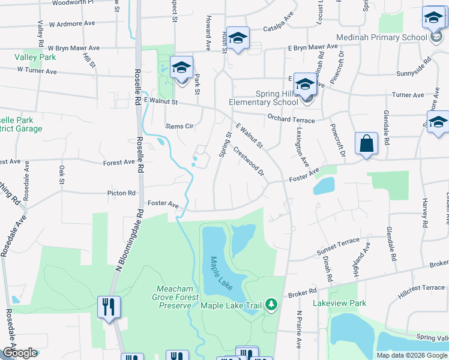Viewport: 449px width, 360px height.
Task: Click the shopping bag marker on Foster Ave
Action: pyautogui.click(x=366, y=144)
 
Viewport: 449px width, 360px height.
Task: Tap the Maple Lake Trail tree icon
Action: pyautogui.click(x=271, y=305)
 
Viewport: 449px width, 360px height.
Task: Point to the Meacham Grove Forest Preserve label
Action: pyautogui.click(x=165, y=296)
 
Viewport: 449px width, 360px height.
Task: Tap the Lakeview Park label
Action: pyautogui.click(x=339, y=303)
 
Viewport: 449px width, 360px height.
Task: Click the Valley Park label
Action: pyautogui.click(x=34, y=58)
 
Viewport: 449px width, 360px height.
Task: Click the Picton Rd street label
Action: pyautogui.click(x=121, y=193)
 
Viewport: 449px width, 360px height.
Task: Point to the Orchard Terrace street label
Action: pyautogui.click(x=291, y=120)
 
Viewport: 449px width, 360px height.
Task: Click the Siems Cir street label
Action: pyautogui.click(x=179, y=127)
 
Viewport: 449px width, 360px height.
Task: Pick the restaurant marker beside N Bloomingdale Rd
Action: pyautogui.click(x=108, y=307)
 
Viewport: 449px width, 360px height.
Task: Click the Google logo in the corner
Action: pyautogui.click(x=19, y=353)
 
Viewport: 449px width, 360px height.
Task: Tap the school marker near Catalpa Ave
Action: pyautogui.click(x=238, y=38)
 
